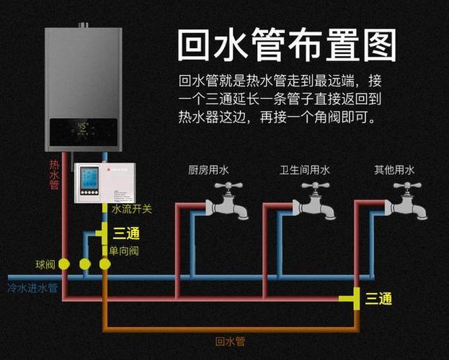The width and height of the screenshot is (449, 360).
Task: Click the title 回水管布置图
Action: click(x=287, y=45)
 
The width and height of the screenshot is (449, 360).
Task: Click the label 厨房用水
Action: click(x=208, y=171)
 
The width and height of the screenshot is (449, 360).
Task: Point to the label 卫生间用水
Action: click(x=305, y=171)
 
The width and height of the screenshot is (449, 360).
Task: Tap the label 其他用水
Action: click(x=394, y=171)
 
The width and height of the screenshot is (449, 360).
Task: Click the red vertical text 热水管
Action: click(x=53, y=175)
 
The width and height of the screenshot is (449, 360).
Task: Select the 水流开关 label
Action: click(x=131, y=209)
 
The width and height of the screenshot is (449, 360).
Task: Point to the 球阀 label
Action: click(x=45, y=264)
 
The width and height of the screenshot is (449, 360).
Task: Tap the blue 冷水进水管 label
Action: click(x=32, y=288)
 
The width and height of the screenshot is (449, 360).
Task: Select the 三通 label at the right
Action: click(x=378, y=298)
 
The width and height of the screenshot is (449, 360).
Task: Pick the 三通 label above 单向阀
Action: click(x=126, y=233)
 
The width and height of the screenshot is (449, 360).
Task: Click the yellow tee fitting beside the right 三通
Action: click(x=353, y=298)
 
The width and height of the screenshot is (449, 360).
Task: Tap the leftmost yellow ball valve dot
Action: click(x=64, y=264)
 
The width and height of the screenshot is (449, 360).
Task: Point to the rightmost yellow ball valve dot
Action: click(x=105, y=264)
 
